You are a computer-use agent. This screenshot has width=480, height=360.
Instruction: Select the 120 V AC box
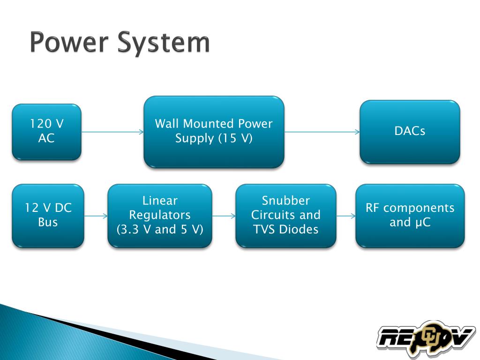pyautogui.click(x=46, y=132)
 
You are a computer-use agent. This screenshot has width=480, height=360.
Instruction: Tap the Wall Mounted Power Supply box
pyautogui.click(x=214, y=132)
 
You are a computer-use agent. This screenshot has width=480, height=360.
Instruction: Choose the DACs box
pyautogui.click(x=410, y=132)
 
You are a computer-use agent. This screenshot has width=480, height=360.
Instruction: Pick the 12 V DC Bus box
pyautogui.click(x=48, y=216)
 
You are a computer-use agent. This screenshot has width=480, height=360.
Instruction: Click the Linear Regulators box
pyautogui.click(x=160, y=216)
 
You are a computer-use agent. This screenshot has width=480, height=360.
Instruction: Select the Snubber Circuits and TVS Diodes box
pyautogui.click(x=285, y=216)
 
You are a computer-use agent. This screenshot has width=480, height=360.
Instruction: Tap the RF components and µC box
pyautogui.click(x=410, y=216)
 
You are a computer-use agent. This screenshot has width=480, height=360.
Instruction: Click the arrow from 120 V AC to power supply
pyautogui.click(x=112, y=132)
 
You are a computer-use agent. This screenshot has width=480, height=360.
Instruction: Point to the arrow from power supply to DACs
pyautogui.click(x=322, y=132)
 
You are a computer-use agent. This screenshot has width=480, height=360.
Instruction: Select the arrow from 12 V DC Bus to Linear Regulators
pyautogui.click(x=96, y=216)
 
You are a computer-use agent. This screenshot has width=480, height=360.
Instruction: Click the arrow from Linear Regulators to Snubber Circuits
pyautogui.click(x=224, y=216)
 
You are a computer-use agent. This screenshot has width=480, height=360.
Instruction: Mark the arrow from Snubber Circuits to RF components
pyautogui.click(x=346, y=216)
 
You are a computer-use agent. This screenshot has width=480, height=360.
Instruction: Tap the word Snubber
pyautogui.click(x=286, y=201)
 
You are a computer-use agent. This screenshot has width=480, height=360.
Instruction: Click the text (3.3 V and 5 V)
pyautogui.click(x=160, y=230)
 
